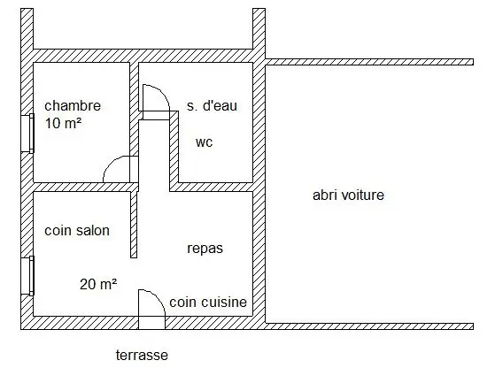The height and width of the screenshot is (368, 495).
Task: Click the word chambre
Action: point(73,105)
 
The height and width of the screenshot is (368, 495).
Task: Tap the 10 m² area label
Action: point(63,123)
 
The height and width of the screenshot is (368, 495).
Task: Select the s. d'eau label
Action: point(212,105)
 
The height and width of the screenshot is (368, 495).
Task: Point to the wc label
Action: point(205,142)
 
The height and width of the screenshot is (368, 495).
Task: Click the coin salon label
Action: point(77,231)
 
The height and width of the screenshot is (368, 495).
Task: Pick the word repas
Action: point(205,249)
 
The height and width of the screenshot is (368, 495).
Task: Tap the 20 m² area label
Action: point(98,284)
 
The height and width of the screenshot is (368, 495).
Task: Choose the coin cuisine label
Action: point(208,302)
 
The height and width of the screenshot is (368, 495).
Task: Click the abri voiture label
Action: point(348,195)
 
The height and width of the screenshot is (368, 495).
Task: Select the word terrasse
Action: point(142,355)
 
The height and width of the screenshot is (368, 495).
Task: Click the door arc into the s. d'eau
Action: point(162,93)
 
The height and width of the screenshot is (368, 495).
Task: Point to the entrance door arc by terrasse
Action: point(158,297)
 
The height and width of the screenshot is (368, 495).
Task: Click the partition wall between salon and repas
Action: point(134,225)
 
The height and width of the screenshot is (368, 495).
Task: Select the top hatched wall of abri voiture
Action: point(369,62)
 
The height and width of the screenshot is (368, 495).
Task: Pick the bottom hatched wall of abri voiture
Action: point(369,326)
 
